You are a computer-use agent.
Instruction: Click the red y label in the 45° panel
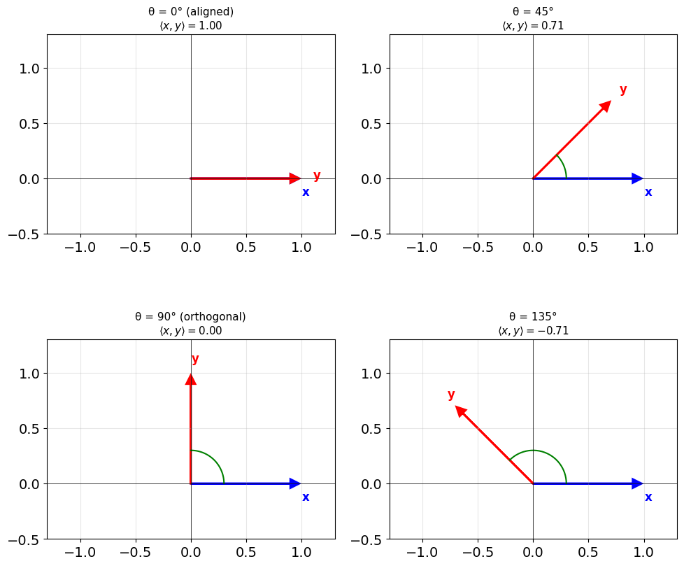[x=623, y=90]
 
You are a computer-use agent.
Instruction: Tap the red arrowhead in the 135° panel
[x=462, y=411]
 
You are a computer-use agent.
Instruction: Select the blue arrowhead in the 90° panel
[x=295, y=483]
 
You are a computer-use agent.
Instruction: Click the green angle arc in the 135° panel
[x=533, y=451]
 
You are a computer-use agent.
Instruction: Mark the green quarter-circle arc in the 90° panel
[x=215, y=460]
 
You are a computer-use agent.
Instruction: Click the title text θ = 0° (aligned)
[x=191, y=12]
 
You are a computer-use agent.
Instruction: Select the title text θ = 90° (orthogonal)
[x=191, y=317]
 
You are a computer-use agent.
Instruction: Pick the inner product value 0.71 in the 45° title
[x=553, y=26]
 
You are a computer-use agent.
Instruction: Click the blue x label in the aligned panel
[x=306, y=192]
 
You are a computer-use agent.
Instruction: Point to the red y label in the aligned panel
[x=317, y=176]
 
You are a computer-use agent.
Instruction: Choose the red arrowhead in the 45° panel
[x=604, y=106]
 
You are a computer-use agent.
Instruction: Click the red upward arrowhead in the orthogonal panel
[x=191, y=379]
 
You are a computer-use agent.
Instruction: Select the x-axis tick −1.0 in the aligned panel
[x=80, y=248]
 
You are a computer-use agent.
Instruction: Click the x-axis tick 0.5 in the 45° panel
[x=588, y=248]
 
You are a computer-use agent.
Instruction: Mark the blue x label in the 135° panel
[x=648, y=497]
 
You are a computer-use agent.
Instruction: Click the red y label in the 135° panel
[x=451, y=395]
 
